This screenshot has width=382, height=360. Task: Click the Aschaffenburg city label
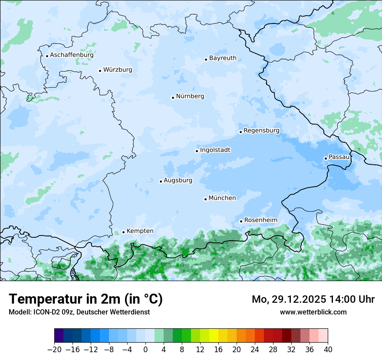72,55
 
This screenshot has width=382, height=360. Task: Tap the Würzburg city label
118,70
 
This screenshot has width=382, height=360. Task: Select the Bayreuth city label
223,58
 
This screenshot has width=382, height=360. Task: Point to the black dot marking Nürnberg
173,98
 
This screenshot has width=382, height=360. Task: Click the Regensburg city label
261,131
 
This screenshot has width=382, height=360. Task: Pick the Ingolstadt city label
215,150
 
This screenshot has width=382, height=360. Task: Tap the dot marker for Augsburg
161,181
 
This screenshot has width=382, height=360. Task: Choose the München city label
222,198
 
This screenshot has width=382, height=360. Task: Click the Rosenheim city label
260,220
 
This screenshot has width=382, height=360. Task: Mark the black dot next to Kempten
123,232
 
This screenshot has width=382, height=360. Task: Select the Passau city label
339,157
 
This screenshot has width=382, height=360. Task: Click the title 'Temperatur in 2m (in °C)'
86,299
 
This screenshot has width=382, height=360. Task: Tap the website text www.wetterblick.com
313,312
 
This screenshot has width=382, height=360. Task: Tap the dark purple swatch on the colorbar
59,336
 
